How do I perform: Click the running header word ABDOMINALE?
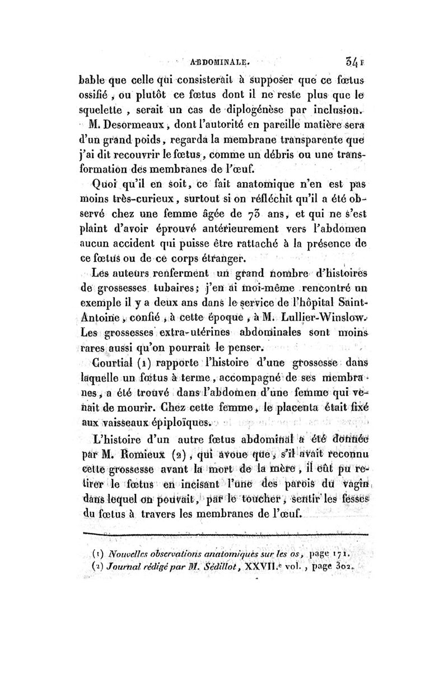tap(222, 63)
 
